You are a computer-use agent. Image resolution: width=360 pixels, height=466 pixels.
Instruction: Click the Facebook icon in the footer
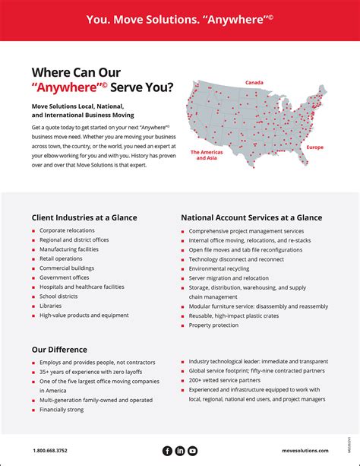point(168,451)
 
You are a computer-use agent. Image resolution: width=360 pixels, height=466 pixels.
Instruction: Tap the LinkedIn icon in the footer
point(180,451)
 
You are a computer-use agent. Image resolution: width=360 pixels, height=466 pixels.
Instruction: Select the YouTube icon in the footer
point(192,451)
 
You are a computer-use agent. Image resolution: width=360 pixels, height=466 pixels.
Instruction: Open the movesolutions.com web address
point(305,452)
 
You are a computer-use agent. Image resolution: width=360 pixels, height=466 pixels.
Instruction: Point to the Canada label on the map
point(254,82)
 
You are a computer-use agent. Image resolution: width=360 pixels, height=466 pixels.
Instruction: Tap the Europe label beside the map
point(314,146)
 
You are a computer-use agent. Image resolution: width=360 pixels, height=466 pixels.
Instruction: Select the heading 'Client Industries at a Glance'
point(84,217)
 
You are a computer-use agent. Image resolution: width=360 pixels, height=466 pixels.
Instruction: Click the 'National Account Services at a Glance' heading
point(251,217)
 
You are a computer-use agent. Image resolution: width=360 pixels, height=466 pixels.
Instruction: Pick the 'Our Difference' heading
point(59,350)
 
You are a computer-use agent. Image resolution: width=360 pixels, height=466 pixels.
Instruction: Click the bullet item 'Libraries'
point(51,306)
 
